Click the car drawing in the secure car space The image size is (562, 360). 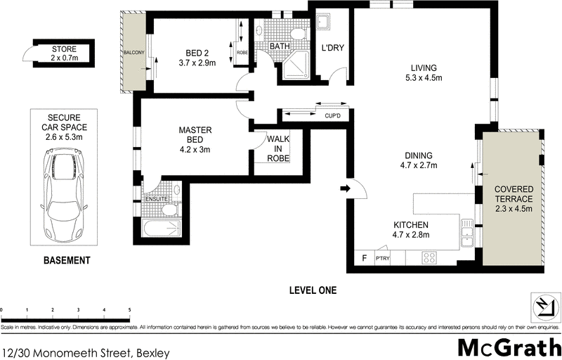(65, 197)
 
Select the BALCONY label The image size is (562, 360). (133, 53)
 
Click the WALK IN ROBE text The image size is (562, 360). (277, 148)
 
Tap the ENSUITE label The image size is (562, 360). (157, 200)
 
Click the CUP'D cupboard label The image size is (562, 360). (332, 116)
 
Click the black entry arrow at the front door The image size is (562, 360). (345, 188)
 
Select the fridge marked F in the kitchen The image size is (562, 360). (363, 257)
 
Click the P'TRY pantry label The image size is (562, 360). (383, 258)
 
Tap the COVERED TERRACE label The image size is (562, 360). (514, 199)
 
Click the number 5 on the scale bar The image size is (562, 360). (130, 309)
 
